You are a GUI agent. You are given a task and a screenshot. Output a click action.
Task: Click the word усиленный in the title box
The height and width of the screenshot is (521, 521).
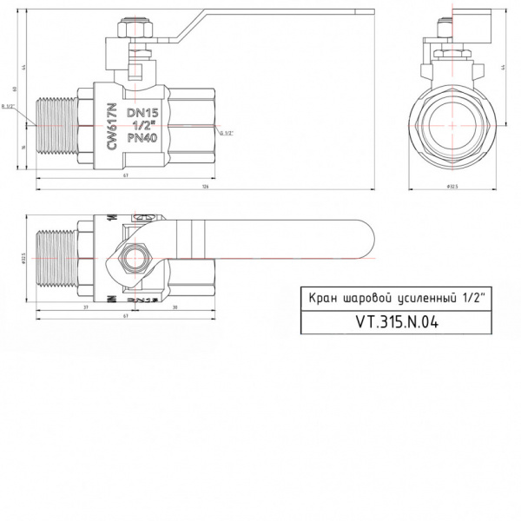[421, 298]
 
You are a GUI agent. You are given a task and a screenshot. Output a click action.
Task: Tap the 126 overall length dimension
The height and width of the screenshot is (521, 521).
[205, 186]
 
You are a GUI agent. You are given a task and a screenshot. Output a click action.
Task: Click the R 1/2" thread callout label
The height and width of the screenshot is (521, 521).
[10, 107]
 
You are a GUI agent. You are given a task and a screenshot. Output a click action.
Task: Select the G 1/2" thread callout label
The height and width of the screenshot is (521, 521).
[225, 133]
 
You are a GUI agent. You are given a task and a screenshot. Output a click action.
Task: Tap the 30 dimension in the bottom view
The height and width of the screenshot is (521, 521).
[175, 307]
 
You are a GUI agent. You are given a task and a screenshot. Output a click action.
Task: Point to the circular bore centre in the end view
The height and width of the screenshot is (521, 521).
[452, 126]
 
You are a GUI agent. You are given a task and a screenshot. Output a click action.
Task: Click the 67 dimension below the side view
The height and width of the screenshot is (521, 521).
[126, 176]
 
